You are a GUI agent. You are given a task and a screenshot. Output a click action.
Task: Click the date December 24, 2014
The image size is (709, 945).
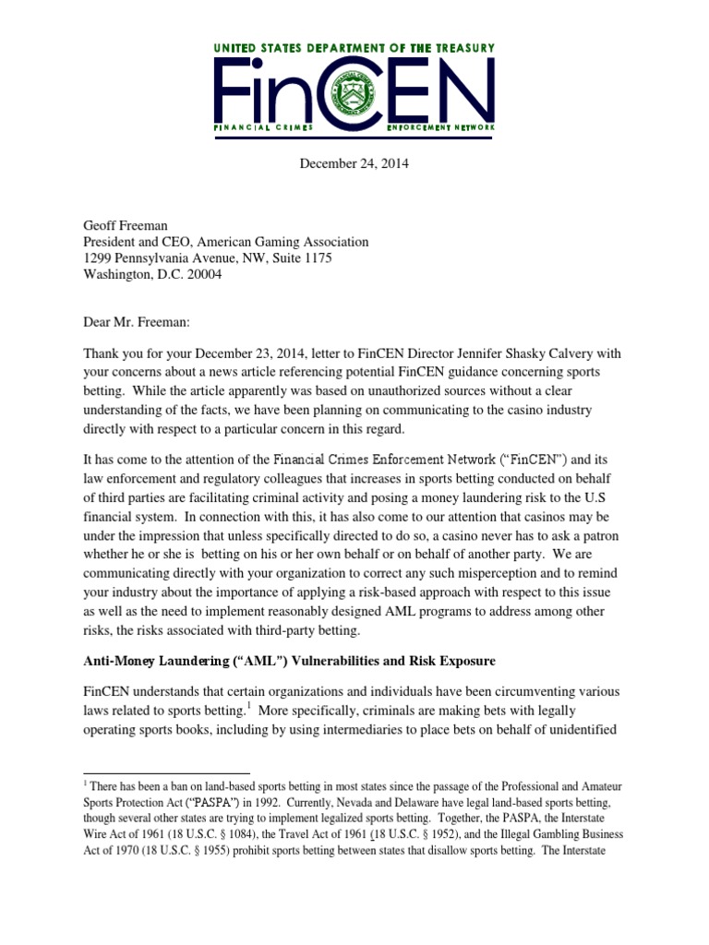pyautogui.click(x=354, y=163)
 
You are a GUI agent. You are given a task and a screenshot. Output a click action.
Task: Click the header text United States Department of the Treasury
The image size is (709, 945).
pyautogui.click(x=354, y=48)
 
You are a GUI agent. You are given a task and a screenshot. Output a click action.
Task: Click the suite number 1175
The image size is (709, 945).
pyautogui.click(x=316, y=257)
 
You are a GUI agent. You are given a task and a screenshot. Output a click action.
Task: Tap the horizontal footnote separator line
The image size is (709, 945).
pyautogui.click(x=166, y=772)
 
